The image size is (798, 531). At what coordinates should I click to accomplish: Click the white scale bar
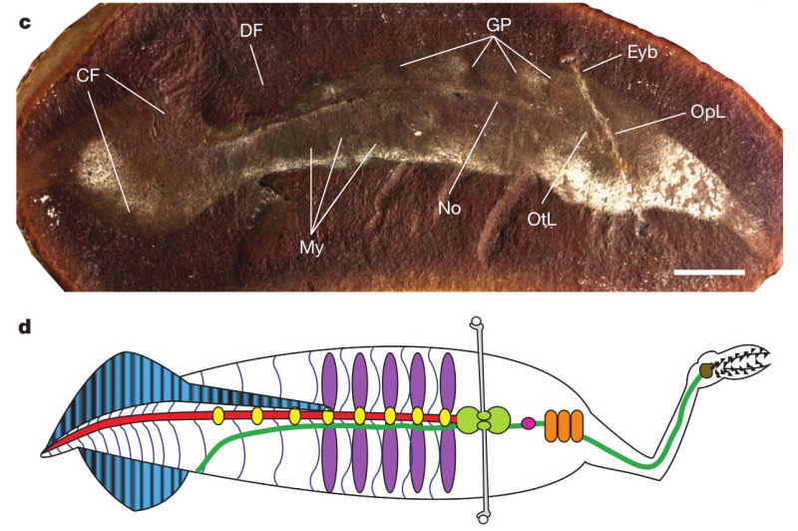709,270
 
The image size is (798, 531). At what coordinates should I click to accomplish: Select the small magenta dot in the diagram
529,423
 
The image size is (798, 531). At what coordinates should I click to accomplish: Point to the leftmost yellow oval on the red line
217,414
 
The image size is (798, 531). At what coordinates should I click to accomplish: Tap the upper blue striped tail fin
135,384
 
